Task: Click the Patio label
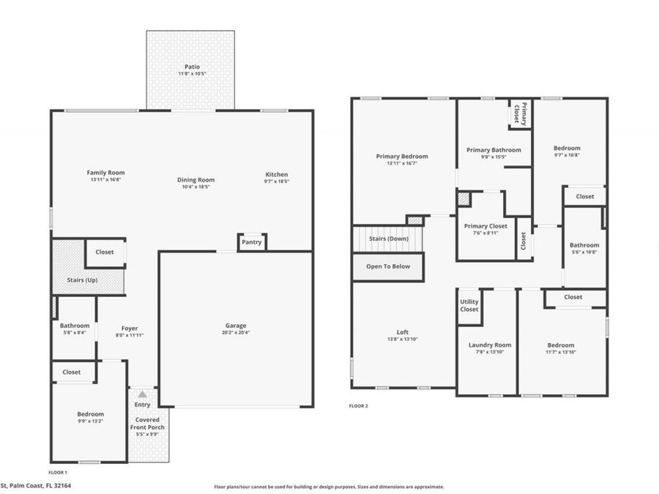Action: pyautogui.click(x=192, y=67)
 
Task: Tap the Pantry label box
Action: pyautogui.click(x=251, y=242)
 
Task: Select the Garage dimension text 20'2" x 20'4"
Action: pyautogui.click(x=236, y=333)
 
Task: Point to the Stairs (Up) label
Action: pyautogui.click(x=82, y=280)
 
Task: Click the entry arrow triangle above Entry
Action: pyautogui.click(x=142, y=394)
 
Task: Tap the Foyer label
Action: pyautogui.click(x=130, y=329)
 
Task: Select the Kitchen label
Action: pyautogui.click(x=277, y=174)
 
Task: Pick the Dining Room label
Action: pyautogui.click(x=196, y=180)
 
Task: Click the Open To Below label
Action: pyautogui.click(x=388, y=266)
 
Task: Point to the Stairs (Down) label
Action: pyautogui.click(x=388, y=239)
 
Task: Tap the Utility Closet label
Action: pyautogui.click(x=469, y=305)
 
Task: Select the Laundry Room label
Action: pyautogui.click(x=490, y=345)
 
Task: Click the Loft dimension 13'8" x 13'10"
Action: pyautogui.click(x=402, y=340)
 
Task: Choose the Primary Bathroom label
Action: pyautogui.click(x=494, y=150)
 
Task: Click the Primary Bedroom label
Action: pyautogui.click(x=402, y=156)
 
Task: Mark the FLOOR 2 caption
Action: pyautogui.click(x=358, y=405)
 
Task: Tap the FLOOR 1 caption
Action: pyautogui.click(x=57, y=473)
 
